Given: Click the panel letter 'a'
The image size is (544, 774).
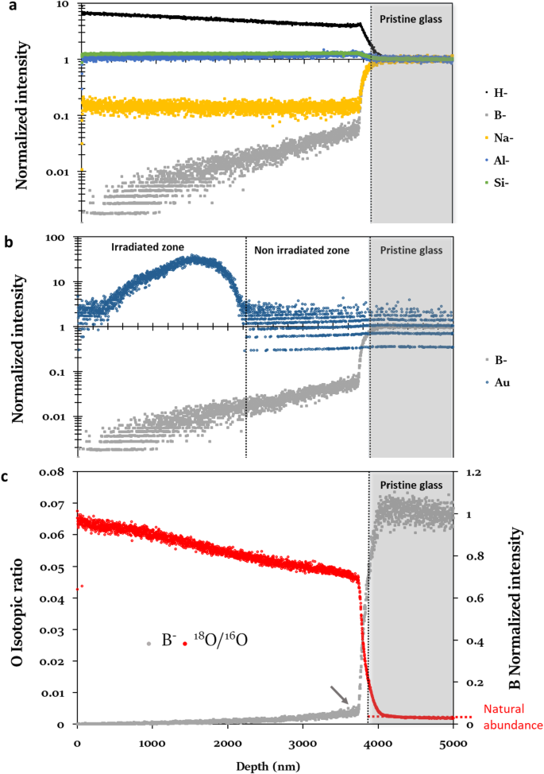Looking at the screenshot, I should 6,6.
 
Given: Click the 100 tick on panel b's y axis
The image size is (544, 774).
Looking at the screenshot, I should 62,238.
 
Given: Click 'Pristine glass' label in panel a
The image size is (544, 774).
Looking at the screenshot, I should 411,15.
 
